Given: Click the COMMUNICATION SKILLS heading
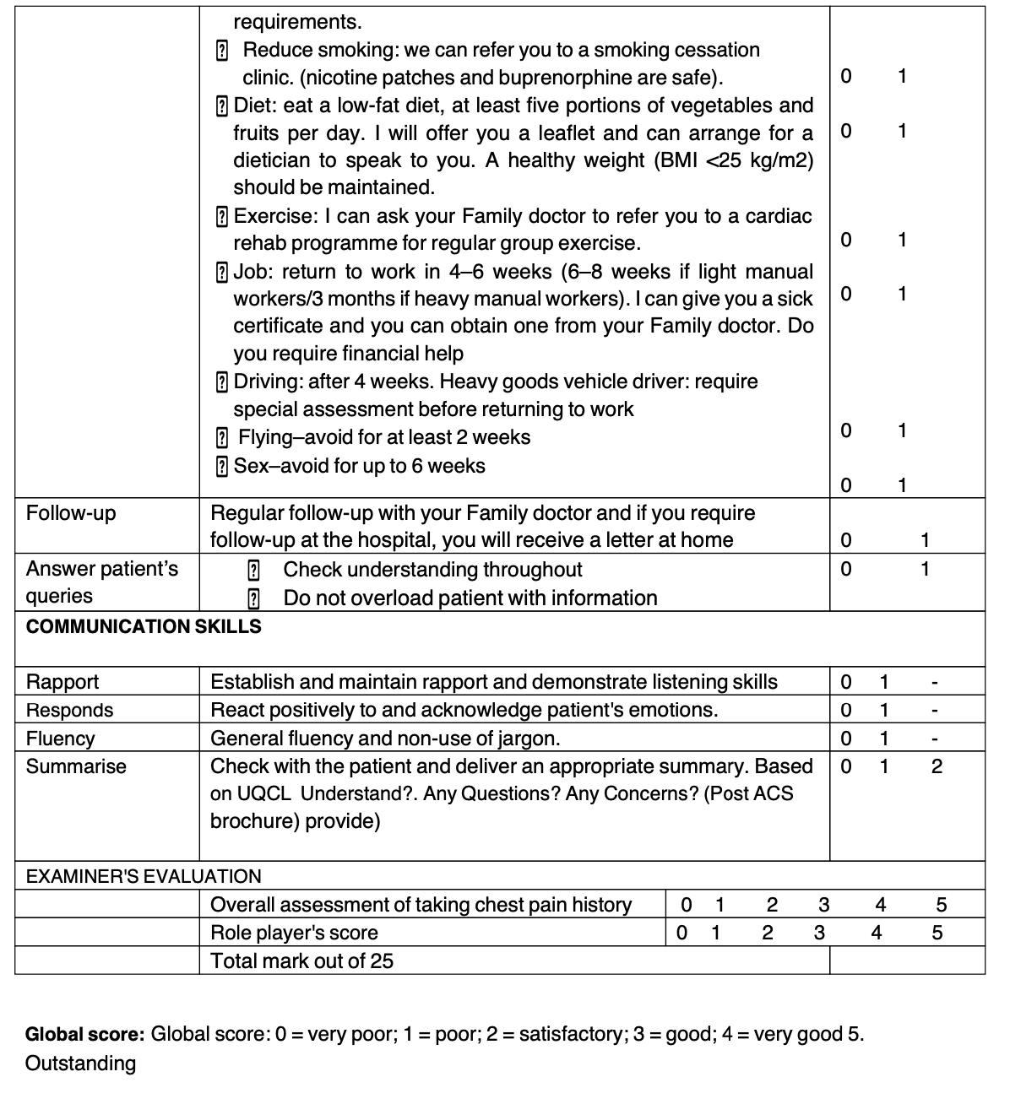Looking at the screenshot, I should pyautogui.click(x=144, y=627).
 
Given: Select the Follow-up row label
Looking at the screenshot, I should pyautogui.click(x=71, y=513).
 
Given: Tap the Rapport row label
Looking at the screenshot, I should pyautogui.click(x=62, y=682).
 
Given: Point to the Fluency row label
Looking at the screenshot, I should pyautogui.click(x=61, y=739).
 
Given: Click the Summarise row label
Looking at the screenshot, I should pyautogui.click(x=76, y=767).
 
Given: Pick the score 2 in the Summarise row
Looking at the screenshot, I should pyautogui.click(x=936, y=767).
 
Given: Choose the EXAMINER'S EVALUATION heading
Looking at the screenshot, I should pyautogui.click(x=144, y=877).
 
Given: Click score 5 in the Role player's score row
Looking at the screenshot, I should pyautogui.click(x=937, y=934).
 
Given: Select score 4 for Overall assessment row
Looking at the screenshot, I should pyautogui.click(x=881, y=906).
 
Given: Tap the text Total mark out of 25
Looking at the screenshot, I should pyautogui.click(x=301, y=961).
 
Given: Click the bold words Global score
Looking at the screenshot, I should pyautogui.click(x=84, y=1035).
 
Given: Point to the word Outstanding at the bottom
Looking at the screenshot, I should pyautogui.click(x=80, y=1063).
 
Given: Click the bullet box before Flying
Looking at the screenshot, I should pyautogui.click(x=221, y=438).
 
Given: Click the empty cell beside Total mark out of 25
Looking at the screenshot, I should pyautogui.click(x=906, y=961).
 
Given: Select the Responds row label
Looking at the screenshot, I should pyautogui.click(x=69, y=711).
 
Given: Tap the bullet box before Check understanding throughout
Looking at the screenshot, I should pyautogui.click(x=252, y=571).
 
